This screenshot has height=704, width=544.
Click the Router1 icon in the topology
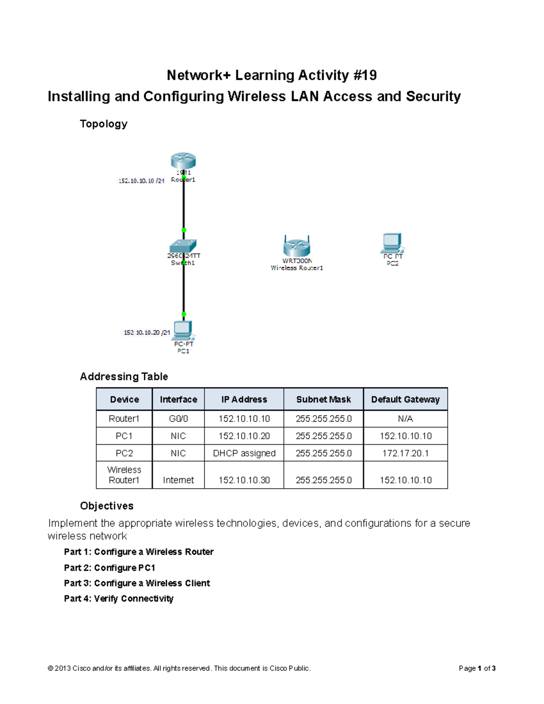pos(183,160)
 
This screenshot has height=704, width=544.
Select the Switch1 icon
pos(183,246)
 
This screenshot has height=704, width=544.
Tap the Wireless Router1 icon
pos(296,246)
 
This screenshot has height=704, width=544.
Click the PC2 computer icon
pos(392,243)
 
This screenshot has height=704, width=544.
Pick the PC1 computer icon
pos(183,330)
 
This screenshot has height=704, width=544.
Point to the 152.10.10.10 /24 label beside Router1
pos(141,181)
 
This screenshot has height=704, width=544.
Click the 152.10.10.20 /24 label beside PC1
pos(147,332)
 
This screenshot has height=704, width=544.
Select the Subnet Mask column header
pos(323,399)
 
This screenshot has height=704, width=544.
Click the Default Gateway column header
pos(405,399)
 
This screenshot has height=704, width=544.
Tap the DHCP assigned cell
pos(244,453)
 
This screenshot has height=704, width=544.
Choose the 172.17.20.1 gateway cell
pos(405,453)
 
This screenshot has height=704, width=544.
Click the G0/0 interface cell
pos(178,418)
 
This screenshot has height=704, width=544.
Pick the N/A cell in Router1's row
pos(405,418)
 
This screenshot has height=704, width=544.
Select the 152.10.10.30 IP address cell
pos(244,480)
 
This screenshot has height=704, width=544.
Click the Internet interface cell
pos(178,480)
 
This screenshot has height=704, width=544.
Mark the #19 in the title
pos(364,75)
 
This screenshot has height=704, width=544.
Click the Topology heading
pos(103,124)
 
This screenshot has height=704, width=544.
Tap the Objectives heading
pos(107,505)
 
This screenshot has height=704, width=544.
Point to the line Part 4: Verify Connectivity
pos(119,598)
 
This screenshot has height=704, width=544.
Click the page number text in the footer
pos(477,668)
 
